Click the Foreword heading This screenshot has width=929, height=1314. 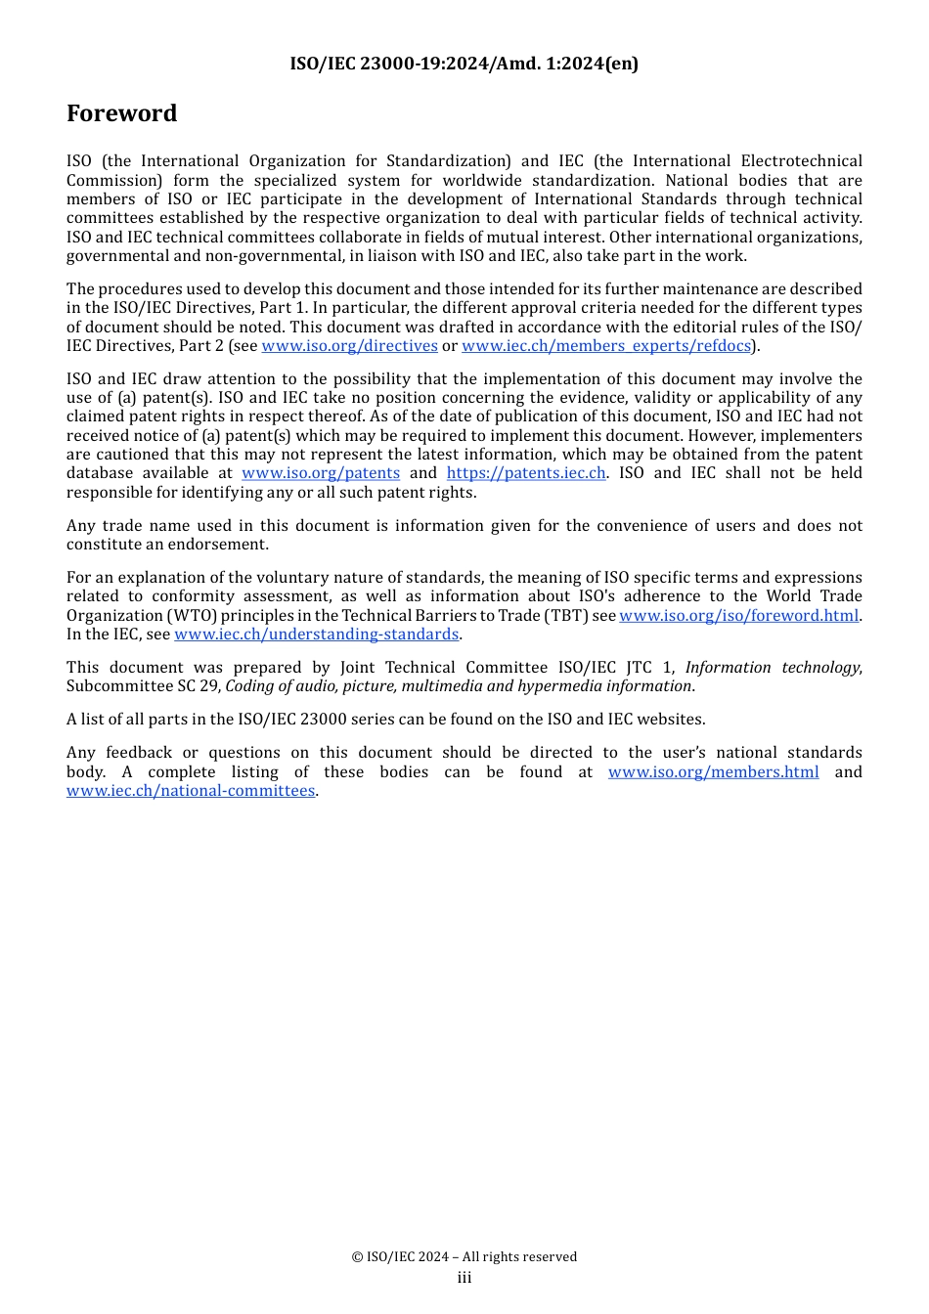tap(121, 113)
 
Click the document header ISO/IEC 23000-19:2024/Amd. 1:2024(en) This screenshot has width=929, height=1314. tap(464, 64)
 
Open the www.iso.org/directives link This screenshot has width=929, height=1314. tap(349, 346)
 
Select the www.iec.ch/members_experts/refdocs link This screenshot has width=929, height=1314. tap(606, 346)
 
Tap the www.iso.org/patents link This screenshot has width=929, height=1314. tap(321, 473)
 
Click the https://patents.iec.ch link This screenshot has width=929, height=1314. tap(526, 473)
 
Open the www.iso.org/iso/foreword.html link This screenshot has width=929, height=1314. tap(738, 616)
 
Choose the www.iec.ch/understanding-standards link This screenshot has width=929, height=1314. tap(316, 635)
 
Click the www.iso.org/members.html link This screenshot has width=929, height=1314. tap(713, 772)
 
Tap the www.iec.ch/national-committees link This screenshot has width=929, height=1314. tap(191, 791)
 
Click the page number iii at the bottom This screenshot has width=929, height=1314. tap(464, 1278)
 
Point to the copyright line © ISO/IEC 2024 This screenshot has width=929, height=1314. tap(464, 1257)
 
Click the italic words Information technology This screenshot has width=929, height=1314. tap(773, 668)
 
